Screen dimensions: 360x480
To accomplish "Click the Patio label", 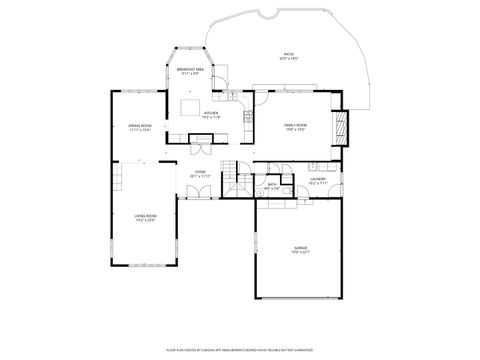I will (288, 54).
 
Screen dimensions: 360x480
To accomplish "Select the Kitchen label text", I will (210, 113).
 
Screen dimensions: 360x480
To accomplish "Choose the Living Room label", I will (145, 215).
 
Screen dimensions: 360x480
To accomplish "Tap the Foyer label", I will (200, 171).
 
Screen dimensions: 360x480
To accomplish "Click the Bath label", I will (272, 183).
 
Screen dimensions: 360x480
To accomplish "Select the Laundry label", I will (317, 179).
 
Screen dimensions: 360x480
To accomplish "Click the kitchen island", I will (190, 107).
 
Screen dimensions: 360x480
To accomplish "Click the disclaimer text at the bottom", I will (240, 351).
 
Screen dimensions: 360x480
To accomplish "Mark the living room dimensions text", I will (145, 221).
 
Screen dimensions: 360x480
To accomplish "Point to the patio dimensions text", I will (288, 59).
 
